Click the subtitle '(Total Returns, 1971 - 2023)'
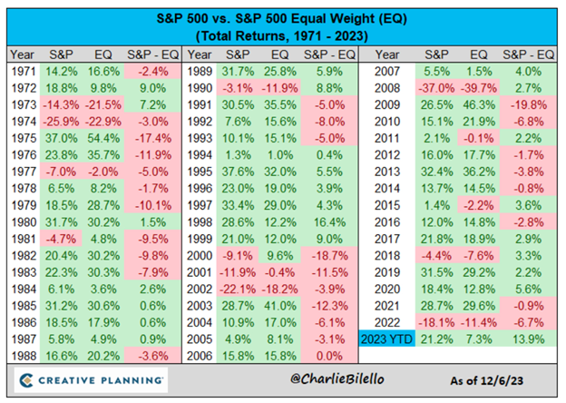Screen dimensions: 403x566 283,35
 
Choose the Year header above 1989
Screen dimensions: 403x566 204,54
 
